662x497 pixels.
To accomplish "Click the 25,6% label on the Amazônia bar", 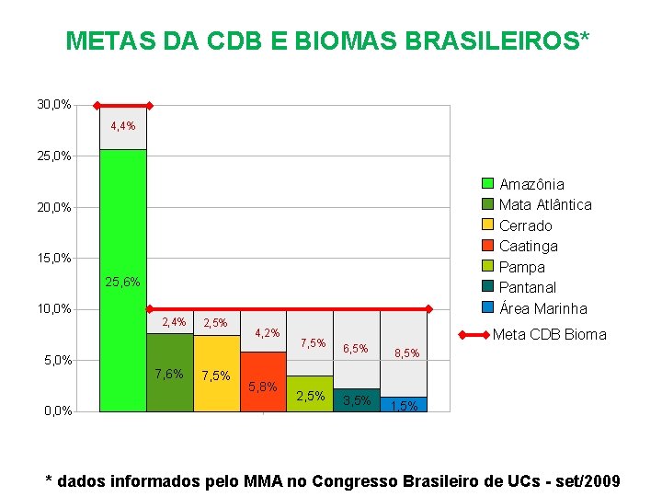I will pos(122,282).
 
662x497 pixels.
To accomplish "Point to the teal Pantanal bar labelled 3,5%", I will pos(357,401).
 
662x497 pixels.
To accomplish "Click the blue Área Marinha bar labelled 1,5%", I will pos(404,405).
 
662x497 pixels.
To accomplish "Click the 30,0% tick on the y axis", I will pos(54,105).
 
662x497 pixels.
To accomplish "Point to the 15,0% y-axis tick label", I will pos(54,258).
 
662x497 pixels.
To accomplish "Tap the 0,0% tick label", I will pos(57,410).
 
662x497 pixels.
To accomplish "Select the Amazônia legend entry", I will pos(531,184).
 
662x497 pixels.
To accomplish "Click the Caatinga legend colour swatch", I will pos(488,246).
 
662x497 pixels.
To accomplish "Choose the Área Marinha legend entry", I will pos(542,308).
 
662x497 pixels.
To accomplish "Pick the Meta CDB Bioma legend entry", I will pos(550,334).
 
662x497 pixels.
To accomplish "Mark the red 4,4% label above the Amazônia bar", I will pos(122,126).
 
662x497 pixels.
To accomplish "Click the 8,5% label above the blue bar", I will pos(405,353).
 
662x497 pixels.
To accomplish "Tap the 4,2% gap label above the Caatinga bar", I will pos(267,332).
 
